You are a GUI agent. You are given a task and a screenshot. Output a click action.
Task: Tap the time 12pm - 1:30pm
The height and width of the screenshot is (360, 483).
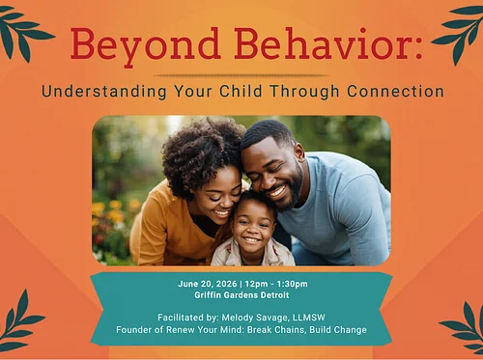click(x=275, y=285)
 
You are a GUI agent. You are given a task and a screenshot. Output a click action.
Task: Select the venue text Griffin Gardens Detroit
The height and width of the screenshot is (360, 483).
click(x=241, y=296)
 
